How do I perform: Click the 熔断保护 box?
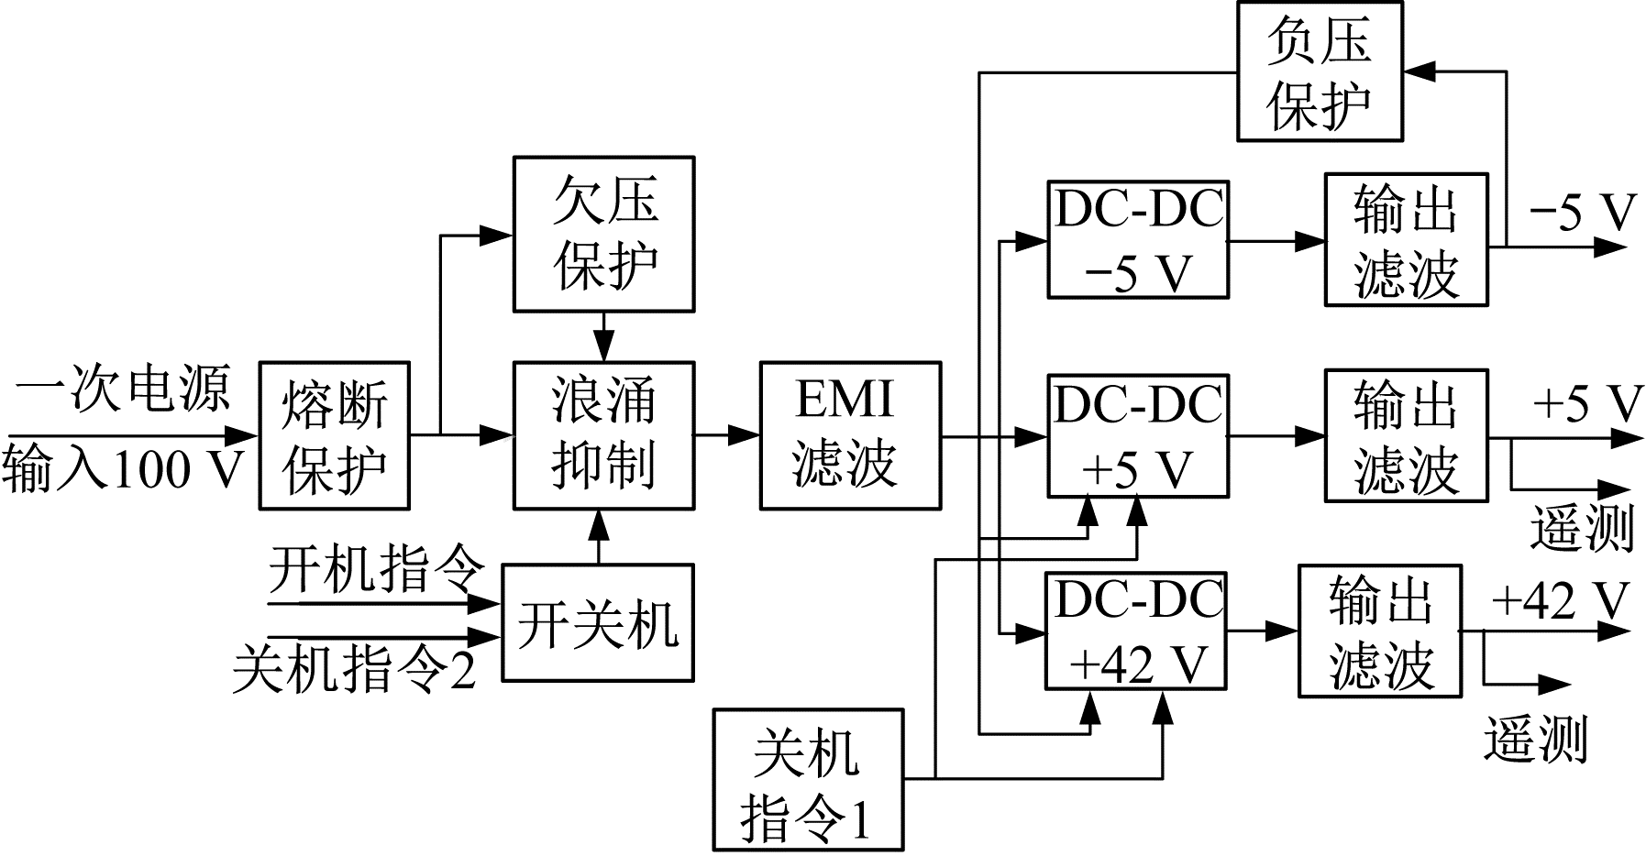tap(334, 435)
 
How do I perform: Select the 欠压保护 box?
tap(603, 234)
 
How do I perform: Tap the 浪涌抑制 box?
tap(603, 435)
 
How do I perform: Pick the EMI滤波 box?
tap(850, 435)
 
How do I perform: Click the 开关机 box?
tap(598, 623)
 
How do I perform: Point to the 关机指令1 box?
tap(808, 780)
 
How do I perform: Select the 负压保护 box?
tap(1320, 71)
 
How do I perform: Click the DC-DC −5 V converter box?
tap(1138, 240)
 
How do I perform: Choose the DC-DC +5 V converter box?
tap(1138, 435)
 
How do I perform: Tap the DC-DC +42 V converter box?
tap(1137, 631)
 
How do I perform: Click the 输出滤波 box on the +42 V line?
tap(1379, 631)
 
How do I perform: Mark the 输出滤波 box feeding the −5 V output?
tap(1406, 240)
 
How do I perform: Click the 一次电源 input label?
tap(123, 389)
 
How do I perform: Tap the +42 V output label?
tap(1558, 600)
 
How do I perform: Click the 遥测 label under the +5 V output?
tap(1582, 529)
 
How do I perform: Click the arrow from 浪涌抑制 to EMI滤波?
tap(727, 435)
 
